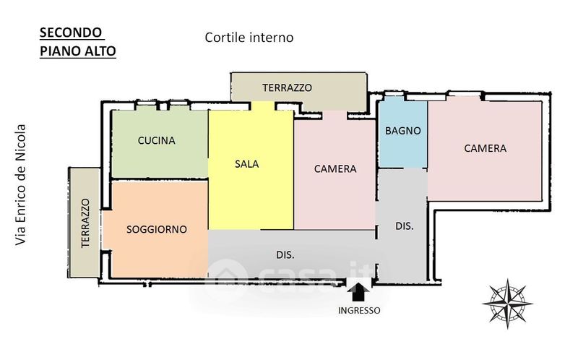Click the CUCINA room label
[x=156, y=140]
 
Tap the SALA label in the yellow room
[x=246, y=164]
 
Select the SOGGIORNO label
[x=157, y=229]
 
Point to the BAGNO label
[x=403, y=131]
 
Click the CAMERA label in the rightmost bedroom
[x=485, y=148]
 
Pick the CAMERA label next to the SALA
[x=335, y=169]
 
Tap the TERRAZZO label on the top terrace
[x=287, y=87]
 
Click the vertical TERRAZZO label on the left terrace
[x=85, y=223]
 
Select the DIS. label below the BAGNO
[x=405, y=226]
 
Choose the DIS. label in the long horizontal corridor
[x=285, y=255]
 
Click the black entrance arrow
[x=358, y=292]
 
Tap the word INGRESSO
[x=359, y=311]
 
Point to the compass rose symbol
[x=508, y=304]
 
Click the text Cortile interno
[x=249, y=38]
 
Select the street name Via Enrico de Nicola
[x=21, y=185]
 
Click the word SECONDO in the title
[x=70, y=33]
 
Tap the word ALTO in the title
[x=100, y=51]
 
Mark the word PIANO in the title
[x=61, y=51]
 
